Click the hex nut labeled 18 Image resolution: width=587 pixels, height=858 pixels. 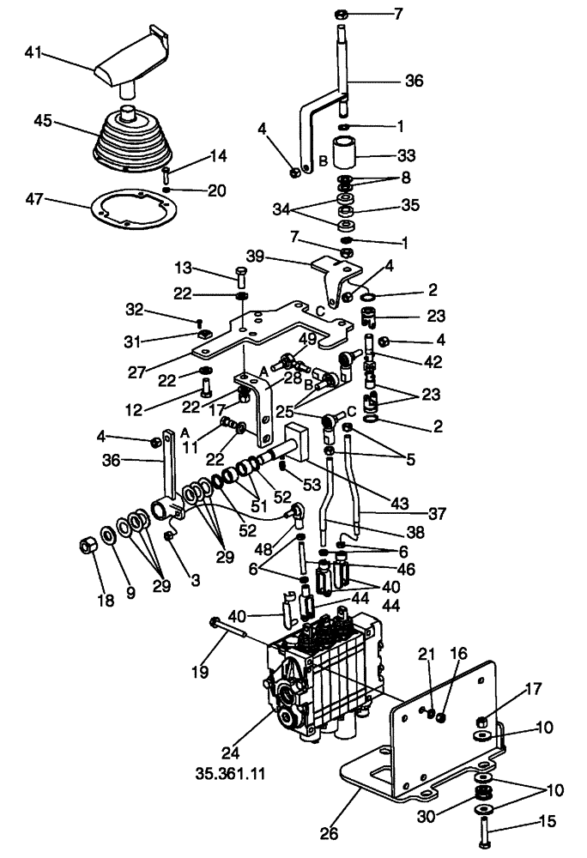88,545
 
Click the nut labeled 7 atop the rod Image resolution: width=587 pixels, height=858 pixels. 339,15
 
